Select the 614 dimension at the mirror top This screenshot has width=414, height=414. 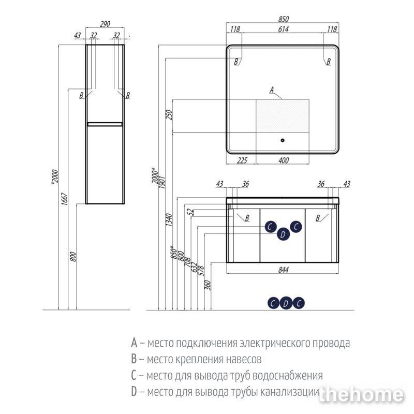click(283, 30)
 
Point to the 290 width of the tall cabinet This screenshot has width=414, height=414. click(106, 24)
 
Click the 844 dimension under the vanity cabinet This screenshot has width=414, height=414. click(283, 270)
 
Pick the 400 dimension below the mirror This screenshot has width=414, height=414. click(283, 160)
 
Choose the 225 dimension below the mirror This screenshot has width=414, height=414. click(242, 160)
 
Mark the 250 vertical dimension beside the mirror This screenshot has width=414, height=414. click(168, 115)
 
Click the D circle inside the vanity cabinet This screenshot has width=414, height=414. click(283, 234)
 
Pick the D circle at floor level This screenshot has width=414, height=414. click(285, 304)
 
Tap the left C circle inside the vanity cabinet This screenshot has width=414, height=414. click(270, 226)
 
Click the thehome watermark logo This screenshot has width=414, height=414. click(361, 395)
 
